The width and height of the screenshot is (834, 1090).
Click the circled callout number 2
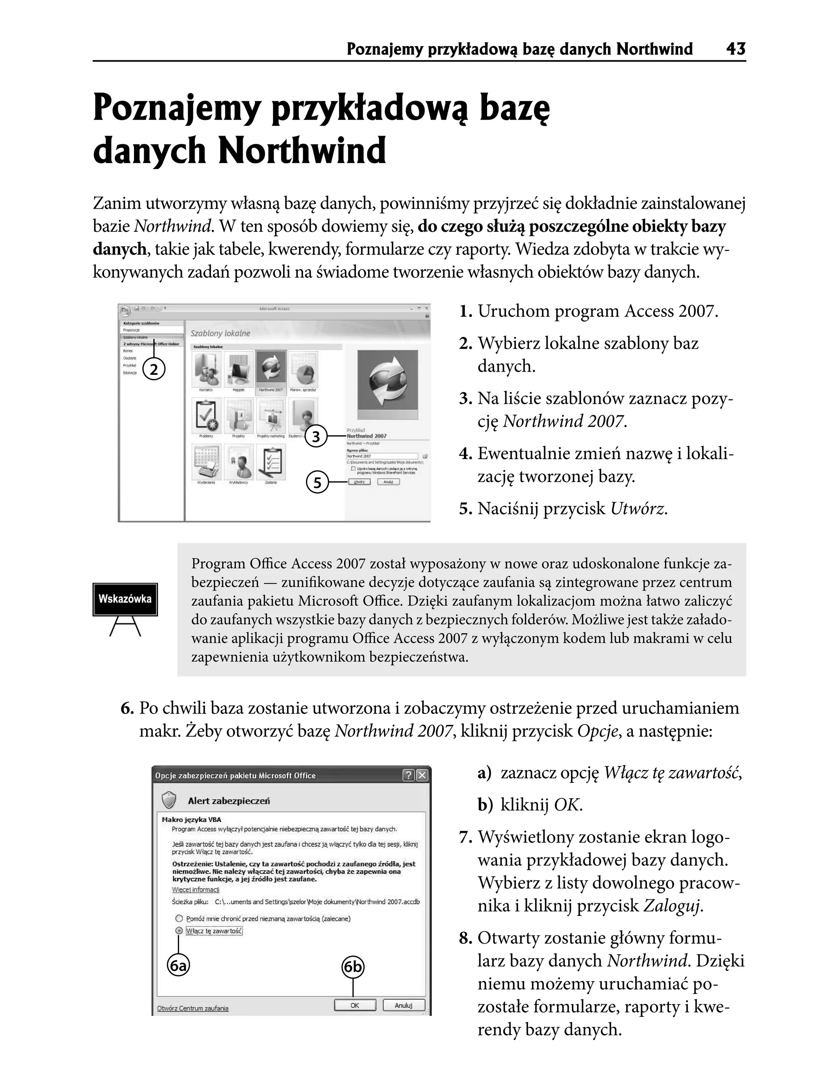(154, 370)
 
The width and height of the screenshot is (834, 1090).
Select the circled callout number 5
(317, 482)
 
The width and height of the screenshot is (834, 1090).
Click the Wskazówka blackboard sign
(125, 599)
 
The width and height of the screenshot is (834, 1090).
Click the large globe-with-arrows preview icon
(387, 383)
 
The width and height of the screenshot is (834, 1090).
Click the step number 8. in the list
(465, 938)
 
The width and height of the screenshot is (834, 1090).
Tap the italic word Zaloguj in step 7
(672, 906)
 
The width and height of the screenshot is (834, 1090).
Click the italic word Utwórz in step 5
(638, 509)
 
